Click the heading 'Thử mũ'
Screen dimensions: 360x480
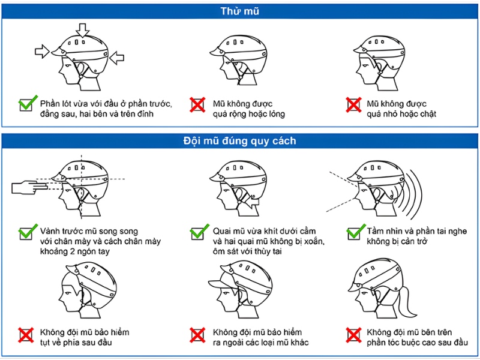[x=239, y=10]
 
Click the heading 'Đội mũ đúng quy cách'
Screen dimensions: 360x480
[x=239, y=141]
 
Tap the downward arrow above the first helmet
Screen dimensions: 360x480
[x=82, y=28]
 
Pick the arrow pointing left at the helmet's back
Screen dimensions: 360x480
[x=117, y=58]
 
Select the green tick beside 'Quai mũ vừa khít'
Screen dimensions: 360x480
[x=199, y=232]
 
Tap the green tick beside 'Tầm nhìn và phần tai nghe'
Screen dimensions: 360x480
[x=356, y=232]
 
